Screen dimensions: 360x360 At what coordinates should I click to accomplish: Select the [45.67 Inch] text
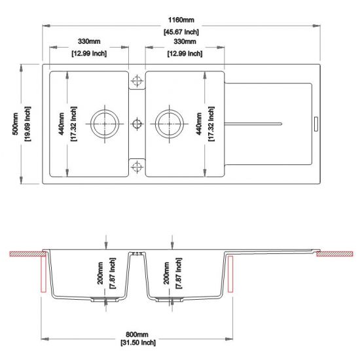[x=181, y=31]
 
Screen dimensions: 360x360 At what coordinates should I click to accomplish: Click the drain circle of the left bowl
[x=105, y=122]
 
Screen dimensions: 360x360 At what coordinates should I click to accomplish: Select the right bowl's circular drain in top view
[x=168, y=122]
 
